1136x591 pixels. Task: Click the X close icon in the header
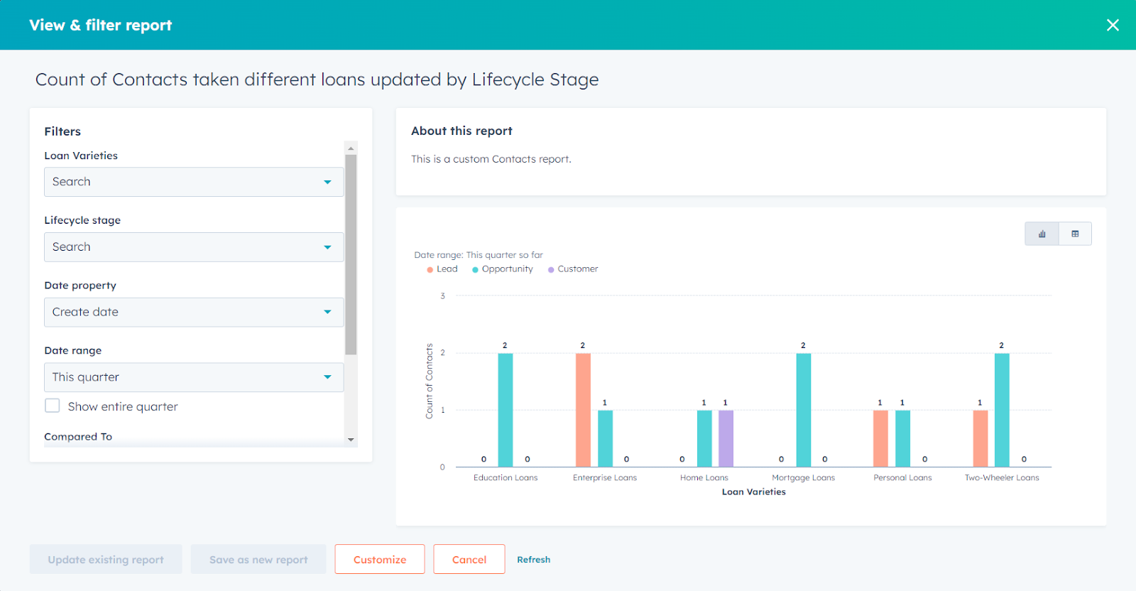pyautogui.click(x=1113, y=26)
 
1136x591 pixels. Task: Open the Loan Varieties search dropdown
pyautogui.click(x=193, y=182)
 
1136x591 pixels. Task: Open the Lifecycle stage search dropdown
pyautogui.click(x=193, y=247)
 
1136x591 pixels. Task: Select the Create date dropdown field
pyautogui.click(x=193, y=313)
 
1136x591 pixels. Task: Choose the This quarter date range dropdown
pyautogui.click(x=193, y=377)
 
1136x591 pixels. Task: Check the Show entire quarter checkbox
pyautogui.click(x=53, y=406)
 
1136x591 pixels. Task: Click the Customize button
pyautogui.click(x=380, y=560)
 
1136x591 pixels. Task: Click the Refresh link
pyautogui.click(x=533, y=560)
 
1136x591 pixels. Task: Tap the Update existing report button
pyautogui.click(x=106, y=560)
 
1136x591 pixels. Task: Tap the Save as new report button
pyautogui.click(x=258, y=560)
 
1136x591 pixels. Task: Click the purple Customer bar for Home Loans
pyautogui.click(x=726, y=438)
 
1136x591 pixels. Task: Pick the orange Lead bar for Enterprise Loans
pyautogui.click(x=583, y=410)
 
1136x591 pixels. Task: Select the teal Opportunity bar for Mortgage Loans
pyautogui.click(x=803, y=410)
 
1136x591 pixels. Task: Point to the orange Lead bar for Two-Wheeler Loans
pyautogui.click(x=980, y=438)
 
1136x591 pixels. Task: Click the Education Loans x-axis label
pyautogui.click(x=506, y=478)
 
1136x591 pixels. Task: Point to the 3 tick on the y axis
pyautogui.click(x=442, y=296)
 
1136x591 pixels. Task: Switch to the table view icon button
pyautogui.click(x=1075, y=234)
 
